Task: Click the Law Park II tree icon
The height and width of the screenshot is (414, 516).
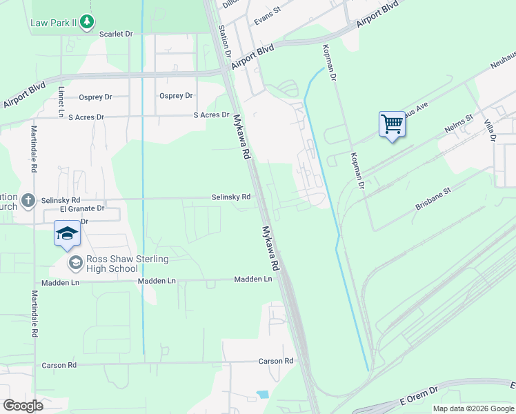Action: tap(86, 23)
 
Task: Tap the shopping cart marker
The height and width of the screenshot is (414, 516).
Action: tap(392, 125)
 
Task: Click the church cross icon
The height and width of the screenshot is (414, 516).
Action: tap(28, 200)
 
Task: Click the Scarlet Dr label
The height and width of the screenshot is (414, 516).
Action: tap(116, 34)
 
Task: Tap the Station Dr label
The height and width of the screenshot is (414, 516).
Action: tap(224, 41)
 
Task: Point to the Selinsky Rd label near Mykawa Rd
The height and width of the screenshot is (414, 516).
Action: tap(230, 197)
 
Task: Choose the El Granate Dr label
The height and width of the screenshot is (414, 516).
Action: tap(82, 208)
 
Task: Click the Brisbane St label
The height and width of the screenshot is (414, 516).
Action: tap(433, 198)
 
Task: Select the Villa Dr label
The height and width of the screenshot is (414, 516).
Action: tap(490, 129)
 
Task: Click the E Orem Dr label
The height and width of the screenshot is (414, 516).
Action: tap(419, 395)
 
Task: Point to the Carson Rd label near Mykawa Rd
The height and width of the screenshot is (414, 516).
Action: tap(276, 362)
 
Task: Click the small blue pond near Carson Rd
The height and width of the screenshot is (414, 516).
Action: tap(262, 395)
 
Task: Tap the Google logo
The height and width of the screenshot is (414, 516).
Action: tap(23, 406)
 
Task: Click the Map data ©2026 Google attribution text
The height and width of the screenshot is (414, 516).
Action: tap(473, 408)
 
